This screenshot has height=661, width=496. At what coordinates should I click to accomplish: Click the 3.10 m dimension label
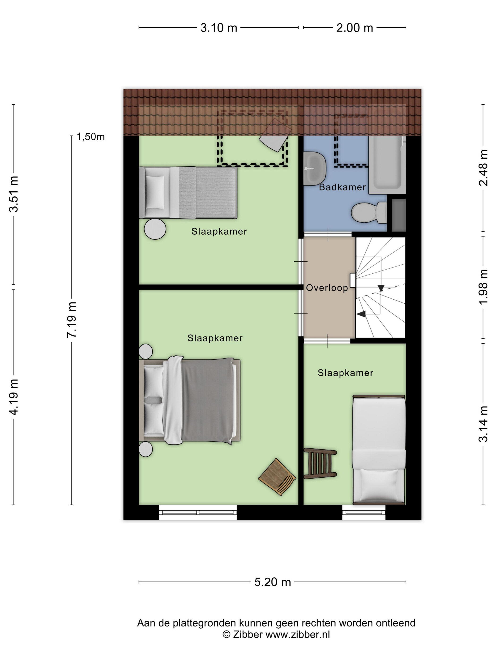(x=218, y=28)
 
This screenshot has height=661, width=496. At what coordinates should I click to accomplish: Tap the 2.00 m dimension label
(x=354, y=28)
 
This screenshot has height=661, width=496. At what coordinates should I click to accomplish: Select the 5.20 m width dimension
(x=272, y=582)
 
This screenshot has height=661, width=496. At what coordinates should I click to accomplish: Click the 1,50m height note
(x=91, y=137)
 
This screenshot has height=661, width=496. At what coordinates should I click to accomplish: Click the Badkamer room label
(x=342, y=187)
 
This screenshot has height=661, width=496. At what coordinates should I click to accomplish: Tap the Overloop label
(x=327, y=288)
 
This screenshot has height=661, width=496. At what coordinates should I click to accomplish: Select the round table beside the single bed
(x=155, y=229)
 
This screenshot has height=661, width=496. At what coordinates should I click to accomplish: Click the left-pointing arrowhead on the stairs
(x=361, y=314)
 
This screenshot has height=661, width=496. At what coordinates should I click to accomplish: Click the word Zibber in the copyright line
(x=248, y=634)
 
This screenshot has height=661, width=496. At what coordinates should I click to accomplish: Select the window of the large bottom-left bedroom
(x=198, y=512)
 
